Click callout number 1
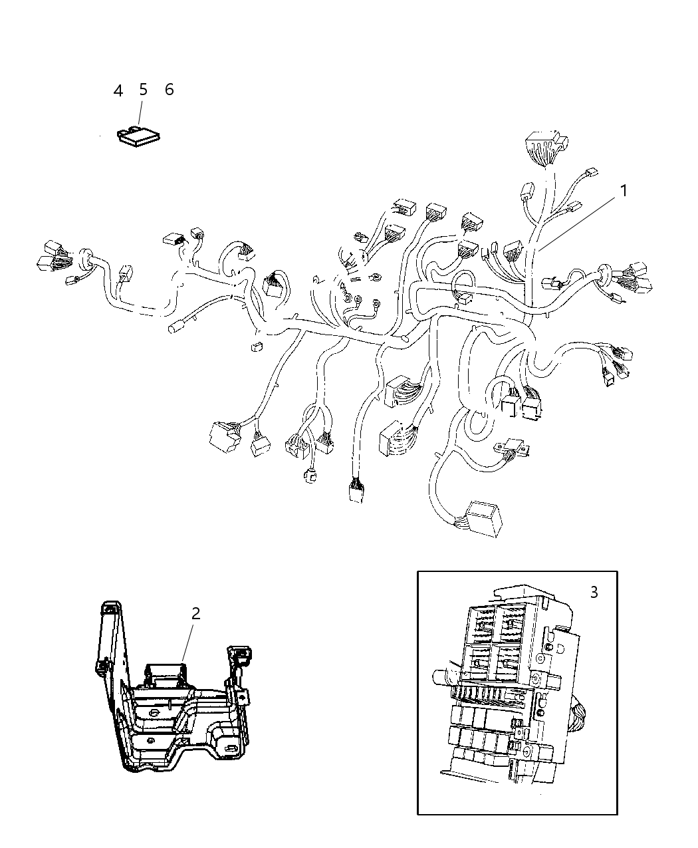pos(624,191)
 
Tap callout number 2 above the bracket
pos(195,613)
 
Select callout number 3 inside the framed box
pos(594,591)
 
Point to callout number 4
pos(118,90)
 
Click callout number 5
pos(143,90)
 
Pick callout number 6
pos(169,90)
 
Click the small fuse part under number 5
pos(139,136)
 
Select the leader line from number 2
pos(189,641)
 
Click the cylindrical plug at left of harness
pos(176,327)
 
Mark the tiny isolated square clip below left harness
pos(255,345)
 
